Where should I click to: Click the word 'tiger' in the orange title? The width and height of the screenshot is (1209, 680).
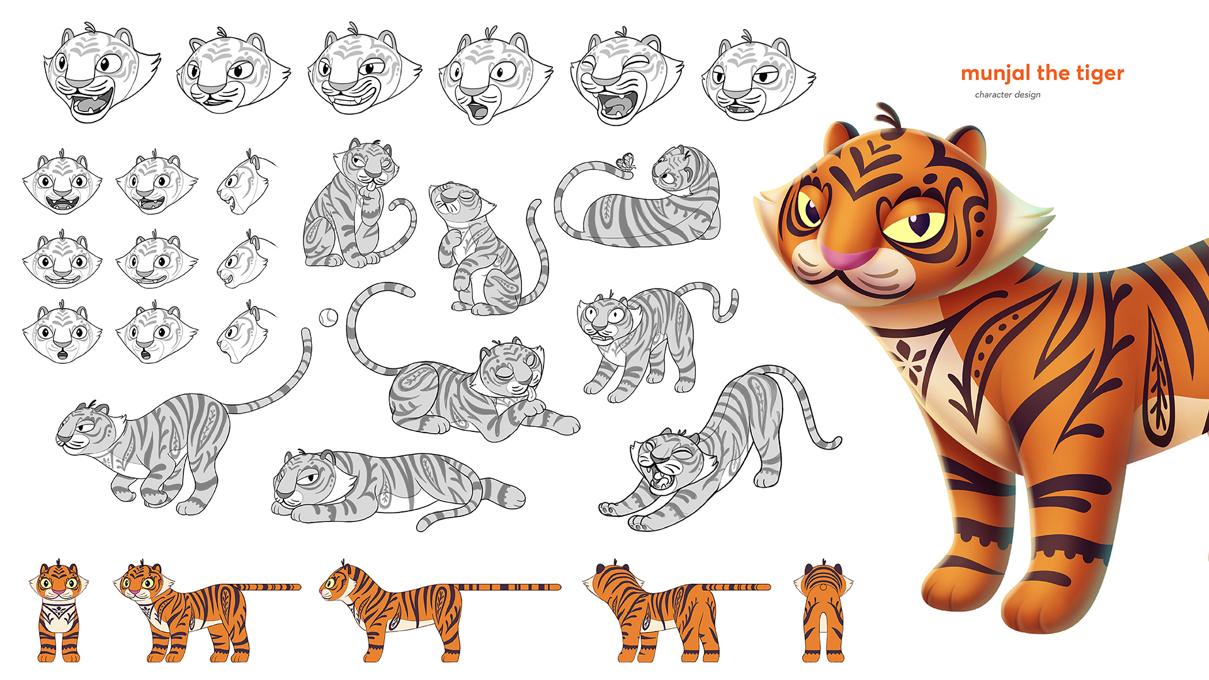(1100, 74)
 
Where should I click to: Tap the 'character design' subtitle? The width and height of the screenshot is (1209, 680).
(1007, 94)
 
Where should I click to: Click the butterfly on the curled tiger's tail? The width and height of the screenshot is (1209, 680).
(626, 162)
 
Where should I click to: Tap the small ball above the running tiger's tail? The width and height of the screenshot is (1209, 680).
(328, 317)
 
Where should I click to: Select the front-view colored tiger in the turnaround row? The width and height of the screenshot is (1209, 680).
(59, 611)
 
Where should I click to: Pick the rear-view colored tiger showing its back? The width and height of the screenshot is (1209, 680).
(823, 611)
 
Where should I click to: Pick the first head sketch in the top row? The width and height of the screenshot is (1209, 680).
(101, 74)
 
